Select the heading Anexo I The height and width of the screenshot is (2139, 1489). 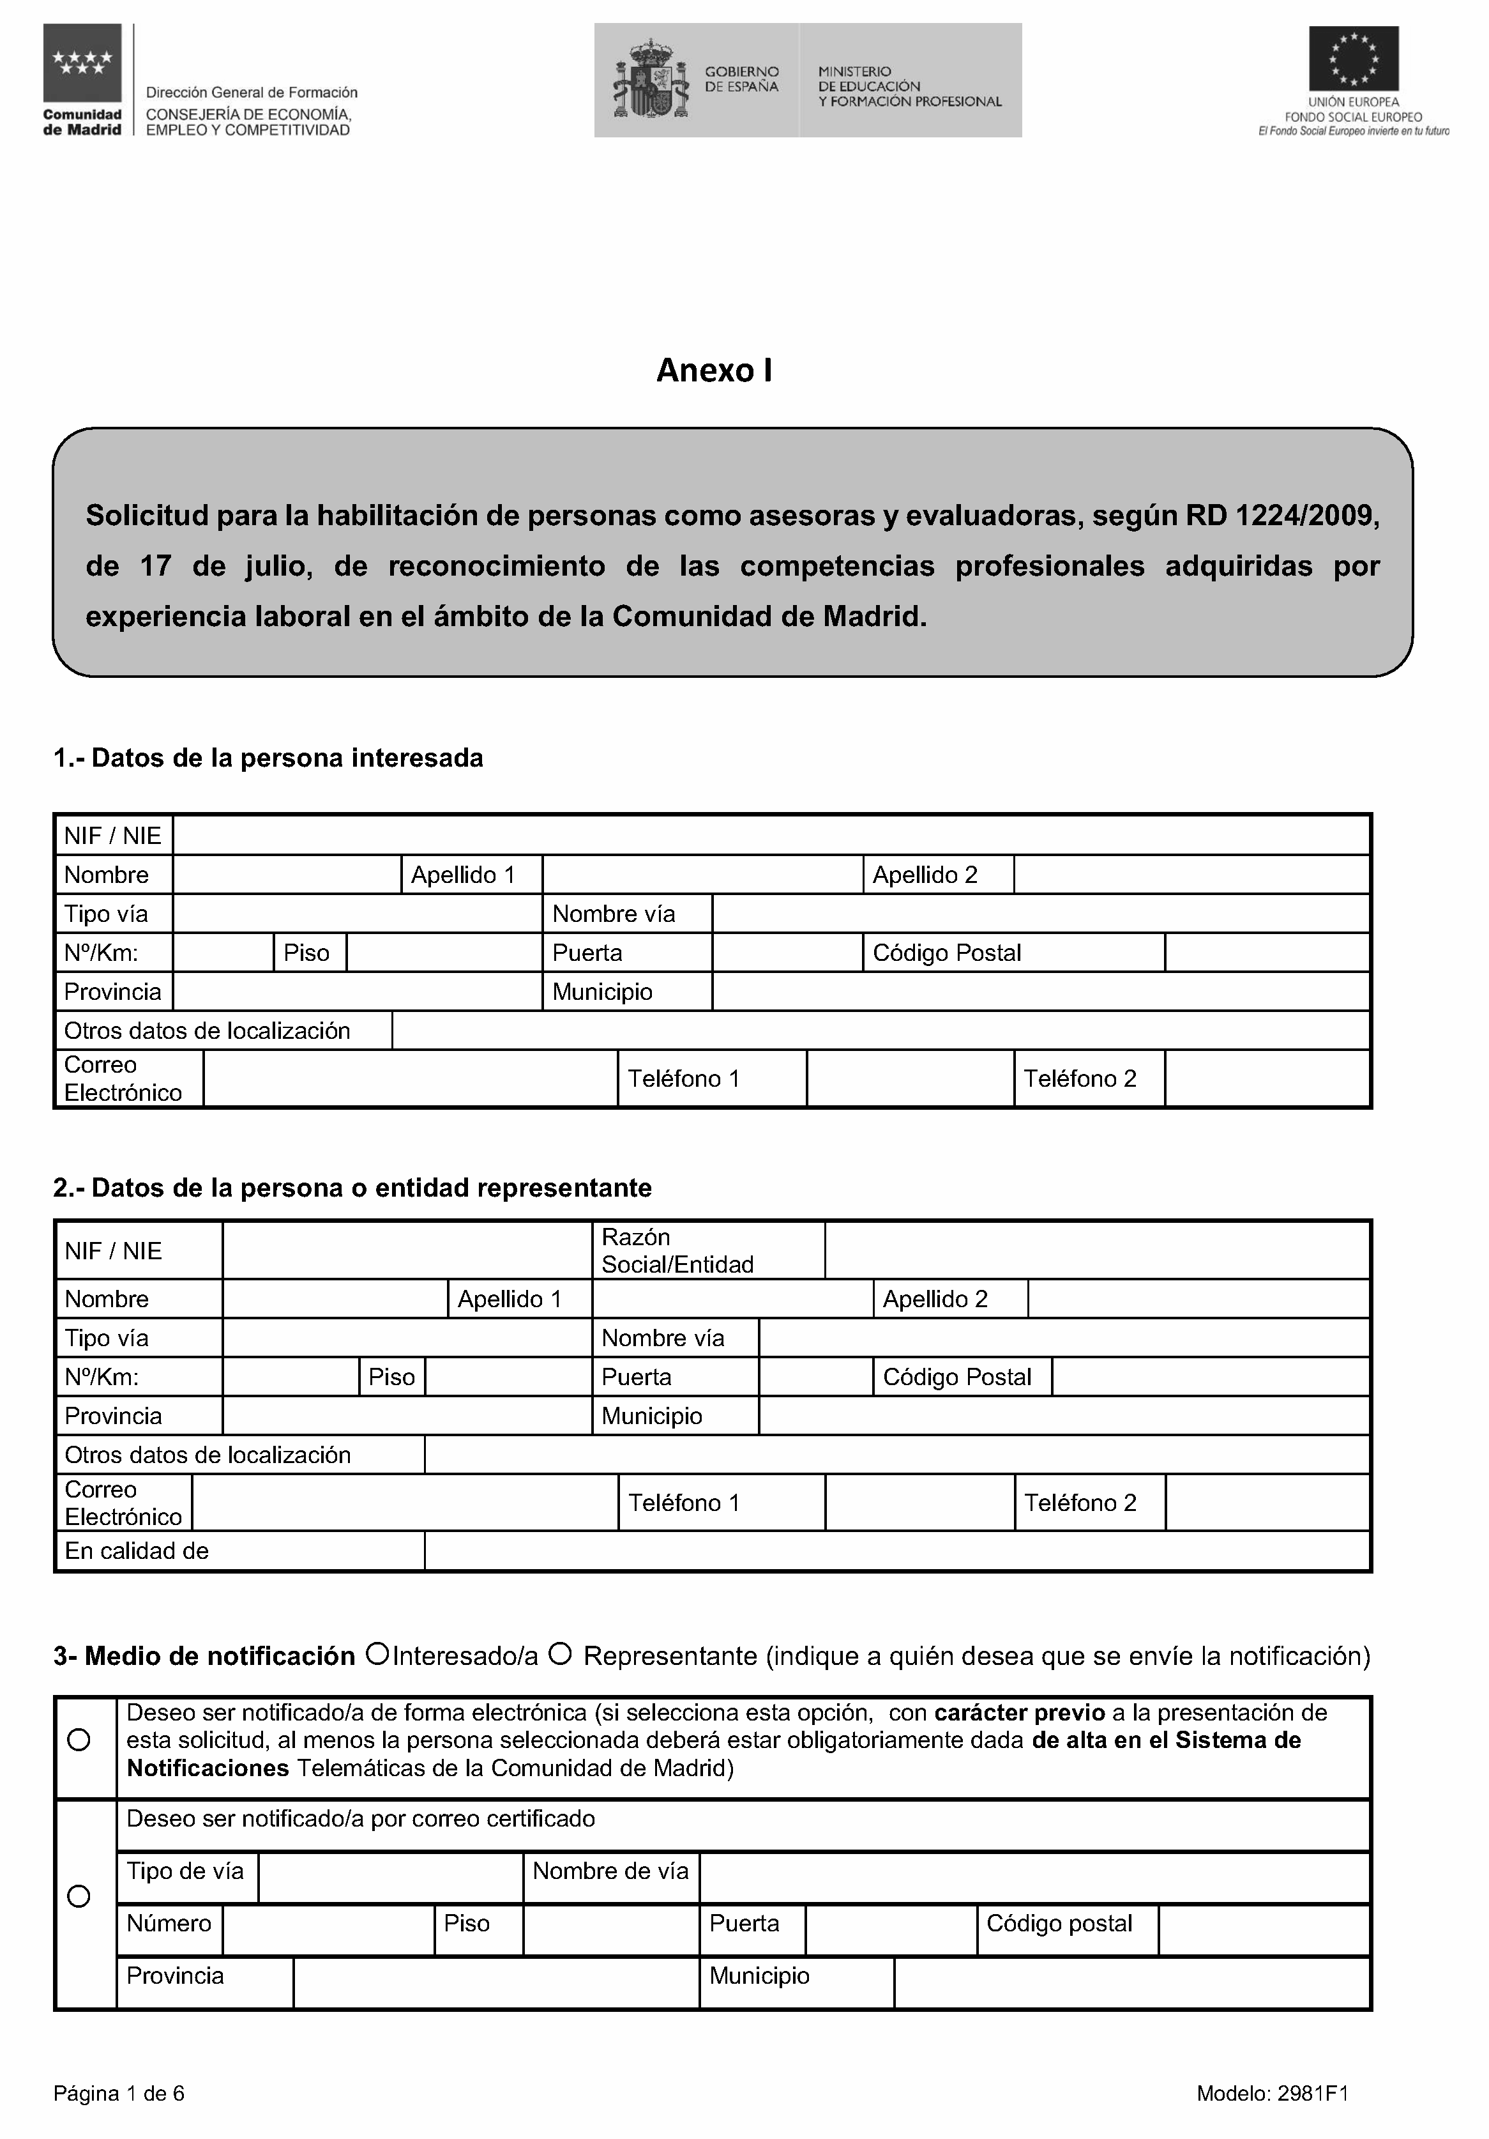click(x=714, y=371)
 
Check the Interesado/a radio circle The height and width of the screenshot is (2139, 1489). click(x=377, y=1655)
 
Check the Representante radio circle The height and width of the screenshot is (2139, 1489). click(x=560, y=1655)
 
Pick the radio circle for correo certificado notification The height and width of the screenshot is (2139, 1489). click(x=80, y=1897)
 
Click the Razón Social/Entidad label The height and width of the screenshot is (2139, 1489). click(x=677, y=1250)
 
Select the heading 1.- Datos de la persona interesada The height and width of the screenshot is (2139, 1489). click(x=268, y=758)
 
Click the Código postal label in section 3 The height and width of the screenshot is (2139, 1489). click(x=1059, y=1923)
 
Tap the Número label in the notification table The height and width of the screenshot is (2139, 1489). click(x=169, y=1923)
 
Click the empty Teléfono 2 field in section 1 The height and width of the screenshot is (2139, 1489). click(x=1266, y=1079)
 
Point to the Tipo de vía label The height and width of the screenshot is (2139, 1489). click(x=185, y=1871)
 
